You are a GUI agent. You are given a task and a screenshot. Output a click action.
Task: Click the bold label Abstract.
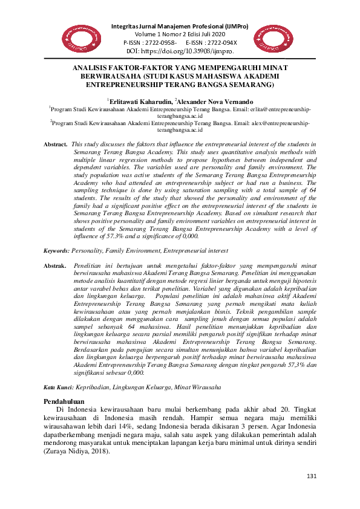(x=56, y=145)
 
